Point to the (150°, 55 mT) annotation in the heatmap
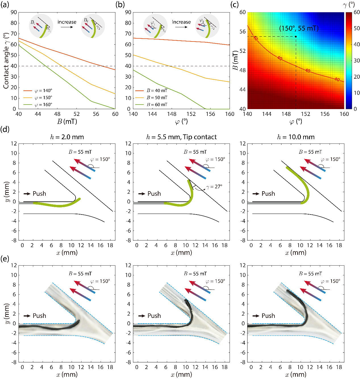point(299,28)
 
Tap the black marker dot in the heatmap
point(296,37)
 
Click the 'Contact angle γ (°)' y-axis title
point(6,61)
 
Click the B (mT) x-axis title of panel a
point(67,122)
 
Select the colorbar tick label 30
point(357,61)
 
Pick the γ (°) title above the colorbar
point(349,5)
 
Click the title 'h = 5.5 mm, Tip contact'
point(181,137)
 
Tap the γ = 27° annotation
point(214,187)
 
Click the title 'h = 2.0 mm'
point(67,137)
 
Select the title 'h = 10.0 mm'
point(296,137)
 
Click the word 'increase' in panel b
point(181,22)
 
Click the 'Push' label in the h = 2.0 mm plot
point(39,193)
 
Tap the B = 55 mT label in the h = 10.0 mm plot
point(310,152)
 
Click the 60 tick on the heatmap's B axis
point(242,13)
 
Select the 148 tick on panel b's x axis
point(172,114)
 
